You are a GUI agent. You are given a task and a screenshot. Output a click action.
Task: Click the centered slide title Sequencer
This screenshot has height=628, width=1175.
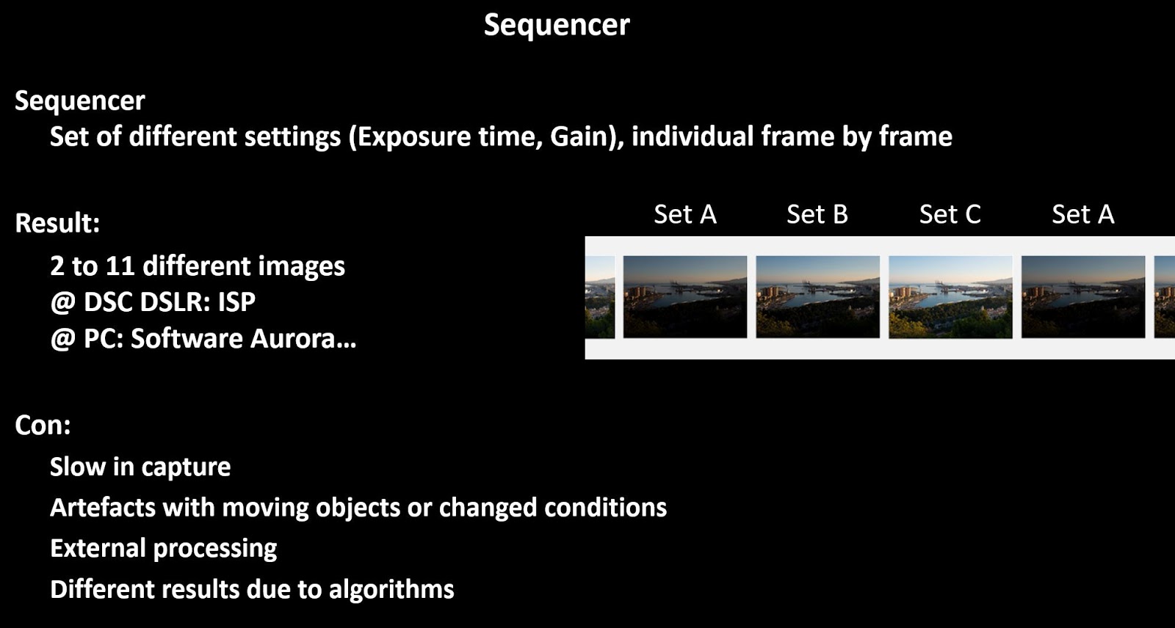tap(557, 25)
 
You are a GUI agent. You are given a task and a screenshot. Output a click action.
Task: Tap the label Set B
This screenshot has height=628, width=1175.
tap(817, 214)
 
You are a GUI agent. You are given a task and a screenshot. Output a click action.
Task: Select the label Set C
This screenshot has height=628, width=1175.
tap(950, 214)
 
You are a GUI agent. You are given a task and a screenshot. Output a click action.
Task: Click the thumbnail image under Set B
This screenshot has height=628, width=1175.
tap(817, 296)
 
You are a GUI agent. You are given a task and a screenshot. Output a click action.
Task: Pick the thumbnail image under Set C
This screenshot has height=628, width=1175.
tap(950, 296)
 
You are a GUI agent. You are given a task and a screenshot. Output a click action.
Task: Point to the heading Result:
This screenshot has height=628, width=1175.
tap(57, 223)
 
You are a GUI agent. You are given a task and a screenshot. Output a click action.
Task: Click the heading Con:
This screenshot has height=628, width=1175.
tap(43, 426)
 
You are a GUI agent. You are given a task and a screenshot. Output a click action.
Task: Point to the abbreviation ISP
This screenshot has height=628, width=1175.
tap(236, 302)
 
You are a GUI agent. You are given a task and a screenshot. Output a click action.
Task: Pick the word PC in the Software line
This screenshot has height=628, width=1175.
tap(101, 339)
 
